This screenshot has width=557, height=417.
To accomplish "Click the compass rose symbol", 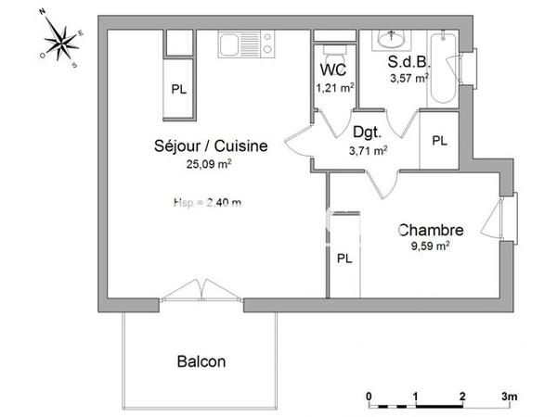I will (x=62, y=40).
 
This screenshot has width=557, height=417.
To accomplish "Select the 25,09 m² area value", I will (x=209, y=164).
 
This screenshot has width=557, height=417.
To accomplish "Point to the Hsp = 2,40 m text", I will (x=207, y=203).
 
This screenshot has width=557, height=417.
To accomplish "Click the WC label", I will (x=333, y=70).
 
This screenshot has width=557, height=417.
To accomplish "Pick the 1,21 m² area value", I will (x=333, y=88).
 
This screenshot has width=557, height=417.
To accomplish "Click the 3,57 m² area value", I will (x=408, y=79).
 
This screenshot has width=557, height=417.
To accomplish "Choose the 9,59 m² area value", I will (x=430, y=246).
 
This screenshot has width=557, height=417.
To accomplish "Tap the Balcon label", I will (x=201, y=361).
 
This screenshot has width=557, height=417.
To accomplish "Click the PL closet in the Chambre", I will (x=344, y=259).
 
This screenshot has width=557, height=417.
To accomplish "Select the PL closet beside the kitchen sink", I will (x=178, y=89).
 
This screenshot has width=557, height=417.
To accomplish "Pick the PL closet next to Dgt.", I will (x=439, y=141).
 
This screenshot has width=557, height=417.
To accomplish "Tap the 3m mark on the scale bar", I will (x=508, y=396).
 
